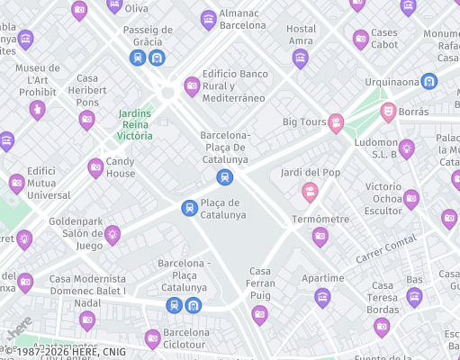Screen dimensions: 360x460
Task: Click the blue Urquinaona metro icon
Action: pyautogui.click(x=429, y=81)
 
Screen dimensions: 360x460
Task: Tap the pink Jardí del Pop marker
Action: pyautogui.click(x=310, y=191)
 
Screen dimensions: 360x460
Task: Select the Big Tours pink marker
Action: pyautogui.click(x=336, y=122)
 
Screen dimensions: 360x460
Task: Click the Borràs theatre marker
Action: pyautogui.click(x=388, y=112)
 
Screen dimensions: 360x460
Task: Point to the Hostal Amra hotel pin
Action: pyautogui.click(x=301, y=58)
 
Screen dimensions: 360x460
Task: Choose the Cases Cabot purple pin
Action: pyautogui.click(x=361, y=39)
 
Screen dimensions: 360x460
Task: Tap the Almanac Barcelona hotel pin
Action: pyautogui.click(x=209, y=19)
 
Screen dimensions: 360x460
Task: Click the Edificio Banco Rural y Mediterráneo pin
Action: pyautogui.click(x=192, y=86)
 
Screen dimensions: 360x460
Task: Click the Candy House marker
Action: pyautogui.click(x=95, y=167)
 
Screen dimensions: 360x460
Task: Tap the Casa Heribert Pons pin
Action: pyautogui.click(x=86, y=119)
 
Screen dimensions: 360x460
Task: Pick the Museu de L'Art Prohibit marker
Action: pyautogui.click(x=37, y=110)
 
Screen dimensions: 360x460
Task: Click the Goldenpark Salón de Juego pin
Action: pyautogui.click(x=112, y=235)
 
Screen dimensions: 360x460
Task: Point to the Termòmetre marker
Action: pyautogui.click(x=320, y=236)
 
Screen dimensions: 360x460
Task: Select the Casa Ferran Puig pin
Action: pyautogui.click(x=260, y=314)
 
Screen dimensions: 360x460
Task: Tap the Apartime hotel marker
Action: pyautogui.click(x=322, y=297)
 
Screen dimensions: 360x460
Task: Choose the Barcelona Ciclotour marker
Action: pyautogui.click(x=152, y=338)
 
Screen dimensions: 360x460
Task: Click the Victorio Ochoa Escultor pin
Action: pyautogui.click(x=411, y=199)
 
